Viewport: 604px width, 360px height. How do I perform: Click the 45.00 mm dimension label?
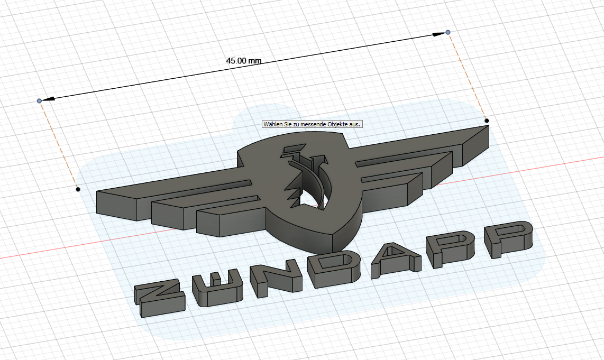(243, 60)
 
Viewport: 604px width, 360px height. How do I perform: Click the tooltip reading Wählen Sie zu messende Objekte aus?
(312, 124)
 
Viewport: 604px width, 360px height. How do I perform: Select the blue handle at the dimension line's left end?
(39, 101)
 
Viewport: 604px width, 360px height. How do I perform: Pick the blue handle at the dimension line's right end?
(447, 32)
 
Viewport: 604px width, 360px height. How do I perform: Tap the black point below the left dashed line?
(78, 189)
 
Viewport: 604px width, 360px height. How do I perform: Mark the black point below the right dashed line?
(487, 121)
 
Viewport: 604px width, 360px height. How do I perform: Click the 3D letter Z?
(159, 298)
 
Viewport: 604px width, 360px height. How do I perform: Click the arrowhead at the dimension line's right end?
(438, 34)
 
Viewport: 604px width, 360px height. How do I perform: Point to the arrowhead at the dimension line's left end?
(48, 99)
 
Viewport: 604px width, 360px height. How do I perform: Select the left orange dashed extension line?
(59, 145)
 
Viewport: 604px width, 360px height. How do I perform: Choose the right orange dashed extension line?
(467, 77)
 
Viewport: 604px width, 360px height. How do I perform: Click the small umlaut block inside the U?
(216, 276)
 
